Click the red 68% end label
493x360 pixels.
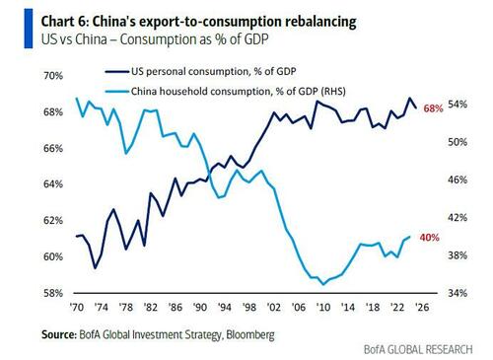(433, 108)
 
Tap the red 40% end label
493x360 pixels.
(429, 238)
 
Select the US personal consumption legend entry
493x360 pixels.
(201, 71)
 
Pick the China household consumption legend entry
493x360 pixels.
(226, 91)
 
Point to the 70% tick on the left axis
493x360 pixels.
(53, 76)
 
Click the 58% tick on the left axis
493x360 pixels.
(53, 293)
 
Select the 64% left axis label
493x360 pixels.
(53, 184)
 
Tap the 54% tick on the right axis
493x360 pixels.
(458, 105)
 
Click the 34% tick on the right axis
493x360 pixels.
(458, 293)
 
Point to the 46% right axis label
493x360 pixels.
(458, 180)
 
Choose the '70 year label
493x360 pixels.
(77, 307)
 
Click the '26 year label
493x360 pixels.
(422, 307)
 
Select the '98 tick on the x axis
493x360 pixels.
(249, 307)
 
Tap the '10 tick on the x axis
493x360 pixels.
(323, 307)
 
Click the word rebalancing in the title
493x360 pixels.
(320, 23)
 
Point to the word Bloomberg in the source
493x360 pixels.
(250, 335)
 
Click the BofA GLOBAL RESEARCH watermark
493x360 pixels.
(418, 349)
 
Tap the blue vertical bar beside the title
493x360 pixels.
(29, 29)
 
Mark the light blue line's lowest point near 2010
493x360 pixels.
(323, 284)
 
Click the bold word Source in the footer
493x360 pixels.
(59, 334)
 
